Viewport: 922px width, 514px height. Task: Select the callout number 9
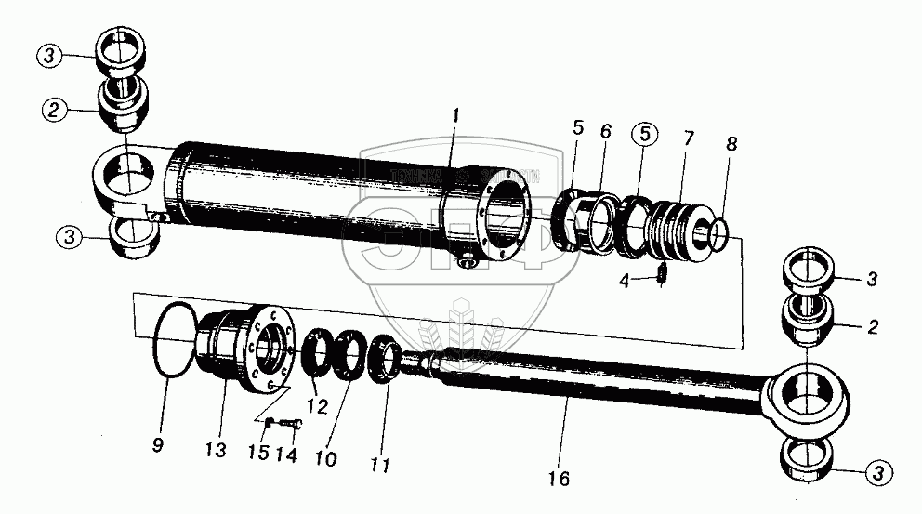point(157,444)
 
